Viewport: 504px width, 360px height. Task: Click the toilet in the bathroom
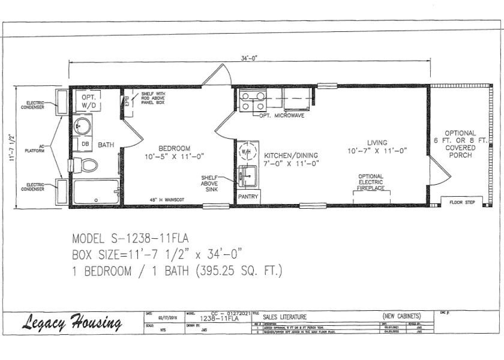(x=86, y=164)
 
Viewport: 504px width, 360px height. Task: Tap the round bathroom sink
(x=83, y=126)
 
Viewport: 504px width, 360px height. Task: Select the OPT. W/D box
(x=88, y=101)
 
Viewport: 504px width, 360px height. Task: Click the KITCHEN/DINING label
(x=290, y=155)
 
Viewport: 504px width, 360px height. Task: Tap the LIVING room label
(x=377, y=143)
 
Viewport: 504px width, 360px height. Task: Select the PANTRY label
(x=247, y=197)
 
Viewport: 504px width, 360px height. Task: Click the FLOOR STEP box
(x=462, y=202)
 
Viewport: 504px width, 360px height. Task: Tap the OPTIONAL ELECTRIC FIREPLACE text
(x=371, y=181)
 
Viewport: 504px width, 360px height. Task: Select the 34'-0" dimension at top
(x=249, y=58)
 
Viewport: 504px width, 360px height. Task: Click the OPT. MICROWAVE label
(x=281, y=115)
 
